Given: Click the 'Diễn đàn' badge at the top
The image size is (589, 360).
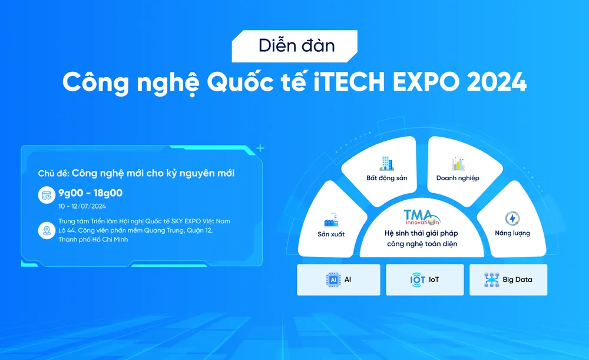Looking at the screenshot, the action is coord(294,46).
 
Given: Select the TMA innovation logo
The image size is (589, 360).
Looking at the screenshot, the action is coord(422,217).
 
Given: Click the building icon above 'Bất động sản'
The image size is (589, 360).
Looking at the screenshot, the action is coord(386,163).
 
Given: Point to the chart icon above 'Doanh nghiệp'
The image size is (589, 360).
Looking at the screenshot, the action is coord(458,163).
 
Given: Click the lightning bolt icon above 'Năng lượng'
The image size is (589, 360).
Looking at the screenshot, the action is coord(512,219).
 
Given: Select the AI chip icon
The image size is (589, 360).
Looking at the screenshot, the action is coord(333,280).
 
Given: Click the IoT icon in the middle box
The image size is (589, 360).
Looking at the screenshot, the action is coord(418,280).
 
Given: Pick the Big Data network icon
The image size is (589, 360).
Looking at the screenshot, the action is coord(492,280).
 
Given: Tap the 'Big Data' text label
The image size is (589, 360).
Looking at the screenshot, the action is coord(517,280).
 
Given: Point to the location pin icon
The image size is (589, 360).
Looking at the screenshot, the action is coord(47,230).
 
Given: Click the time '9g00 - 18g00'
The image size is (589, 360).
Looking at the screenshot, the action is coord(91,193).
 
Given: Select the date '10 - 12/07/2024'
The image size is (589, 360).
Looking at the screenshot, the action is coord(82,206).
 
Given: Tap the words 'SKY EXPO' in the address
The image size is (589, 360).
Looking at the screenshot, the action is coord(186,222).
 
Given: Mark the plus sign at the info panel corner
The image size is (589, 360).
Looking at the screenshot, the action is coord(260,148).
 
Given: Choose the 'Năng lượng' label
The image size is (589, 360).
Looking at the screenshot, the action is coord(512,233).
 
